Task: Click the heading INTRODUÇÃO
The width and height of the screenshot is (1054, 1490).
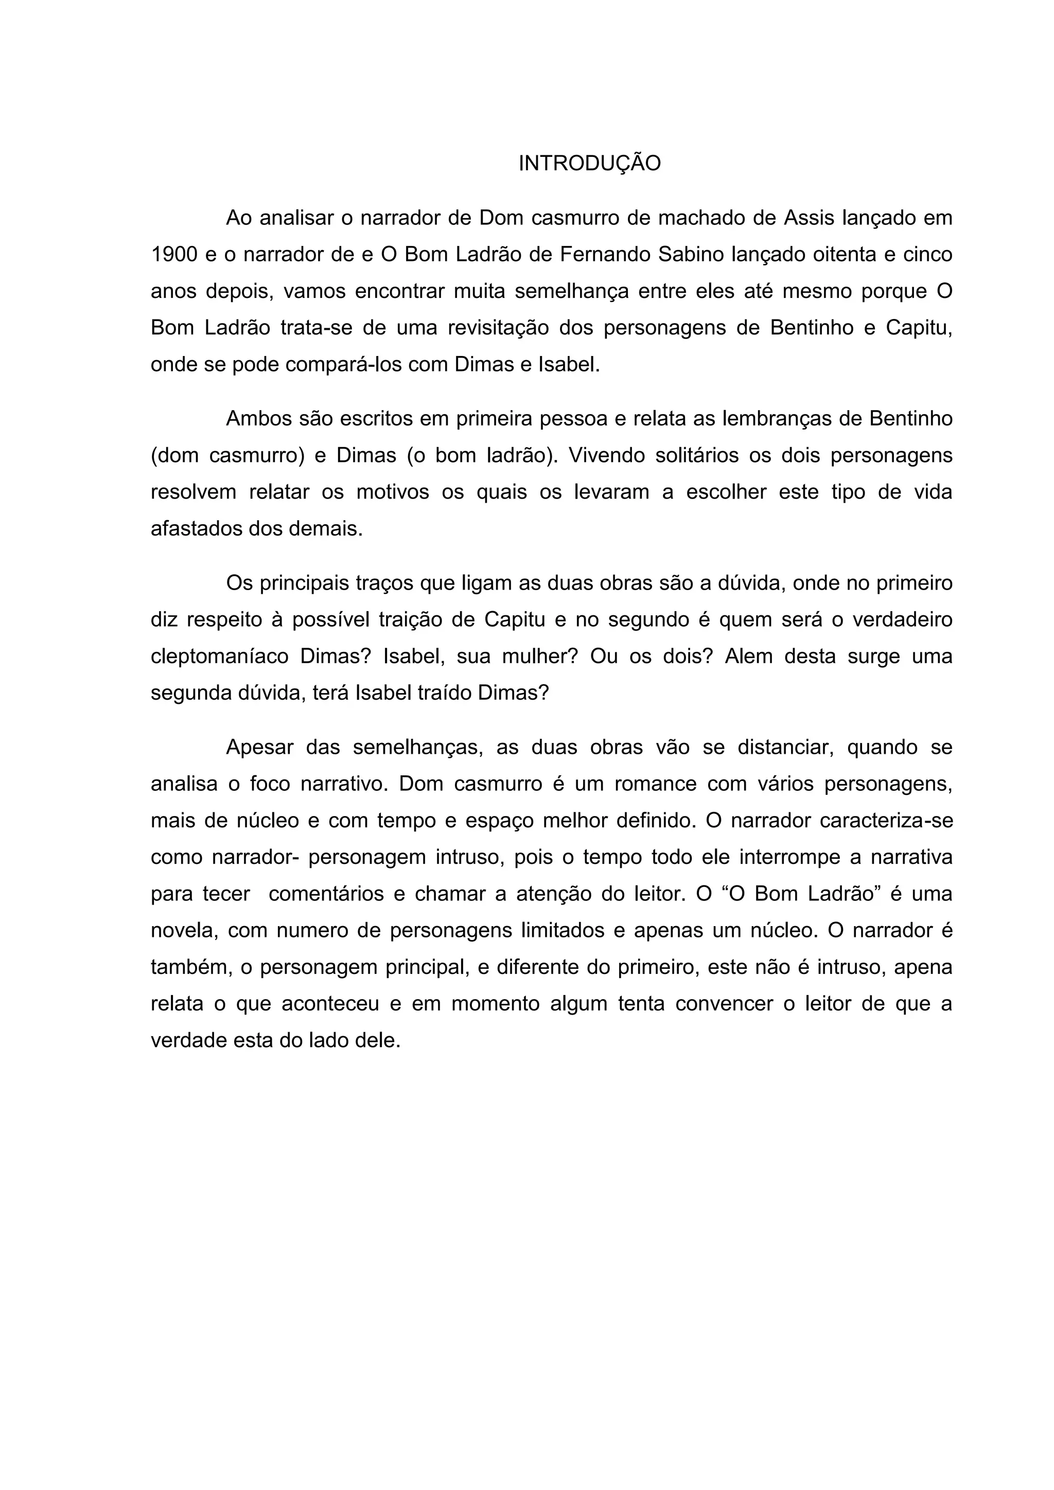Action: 589,164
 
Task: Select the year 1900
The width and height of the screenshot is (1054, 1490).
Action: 174,254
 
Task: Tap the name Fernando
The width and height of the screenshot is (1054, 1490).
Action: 604,254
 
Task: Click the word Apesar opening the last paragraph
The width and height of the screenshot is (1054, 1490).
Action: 259,748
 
